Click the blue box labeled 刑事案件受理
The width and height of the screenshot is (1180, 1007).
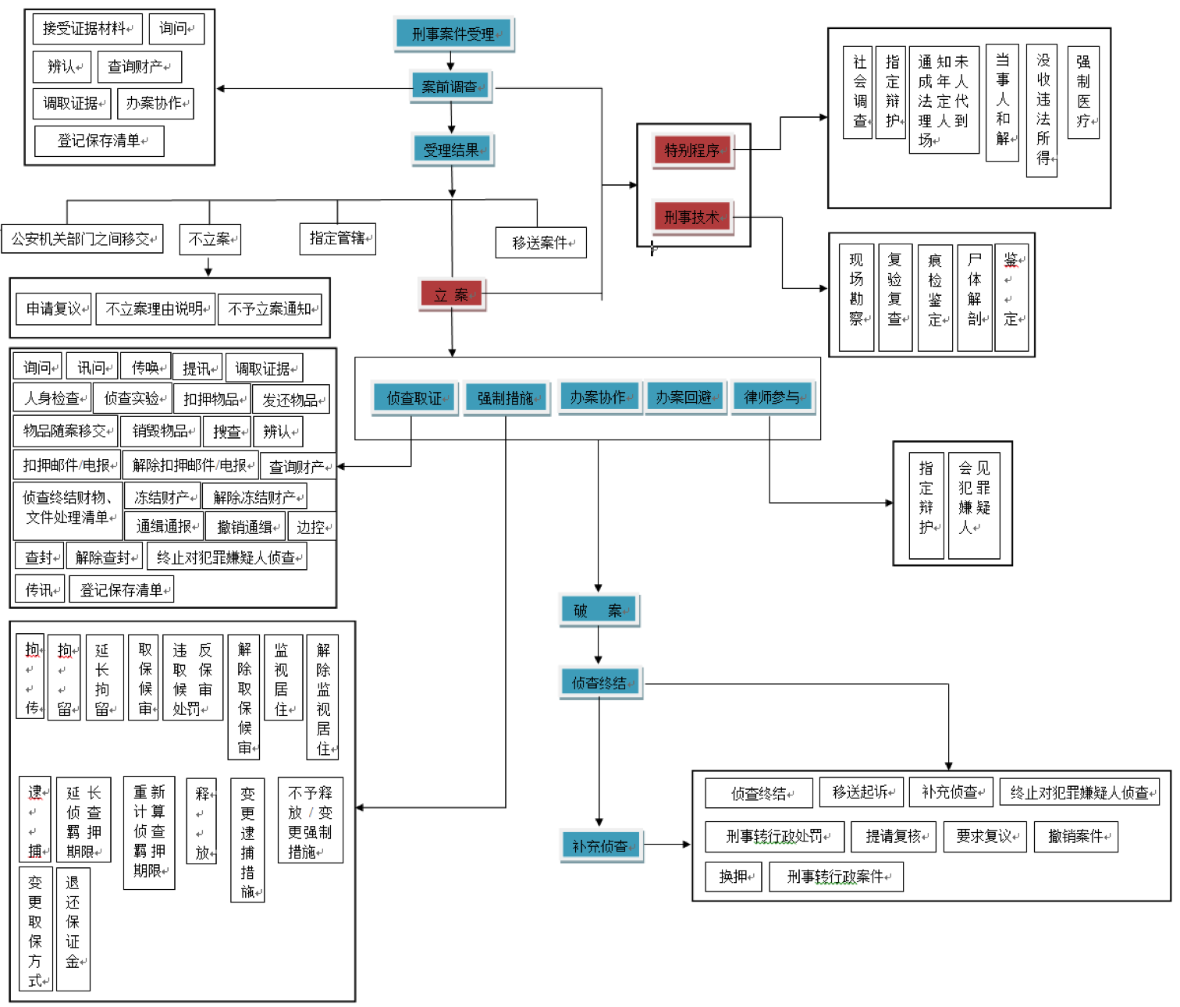coord(453,34)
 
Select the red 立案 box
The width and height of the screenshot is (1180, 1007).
coord(451,295)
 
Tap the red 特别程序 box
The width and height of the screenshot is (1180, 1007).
coord(692,150)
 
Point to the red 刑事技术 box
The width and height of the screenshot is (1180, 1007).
coord(692,217)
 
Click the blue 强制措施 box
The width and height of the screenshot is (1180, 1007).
coord(506,398)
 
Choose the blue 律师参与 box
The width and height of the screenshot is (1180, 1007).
coord(772,397)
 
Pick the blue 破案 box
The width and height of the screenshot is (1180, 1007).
coord(598,610)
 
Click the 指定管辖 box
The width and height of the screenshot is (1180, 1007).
coord(337,239)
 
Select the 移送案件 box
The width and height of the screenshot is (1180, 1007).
coord(540,243)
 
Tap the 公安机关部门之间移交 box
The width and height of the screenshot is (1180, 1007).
coord(82,239)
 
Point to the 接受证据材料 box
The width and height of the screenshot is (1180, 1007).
coord(87,29)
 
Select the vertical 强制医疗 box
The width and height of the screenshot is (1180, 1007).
coord(1083,92)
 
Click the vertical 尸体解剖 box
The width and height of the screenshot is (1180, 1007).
coord(975,298)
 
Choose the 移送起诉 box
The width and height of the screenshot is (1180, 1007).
coord(861,792)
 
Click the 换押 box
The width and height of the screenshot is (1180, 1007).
coord(734,877)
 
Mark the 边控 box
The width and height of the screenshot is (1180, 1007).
coord(311,527)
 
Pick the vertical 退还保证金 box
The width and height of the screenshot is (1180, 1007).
coord(73,929)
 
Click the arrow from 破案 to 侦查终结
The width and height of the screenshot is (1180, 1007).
coord(598,646)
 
